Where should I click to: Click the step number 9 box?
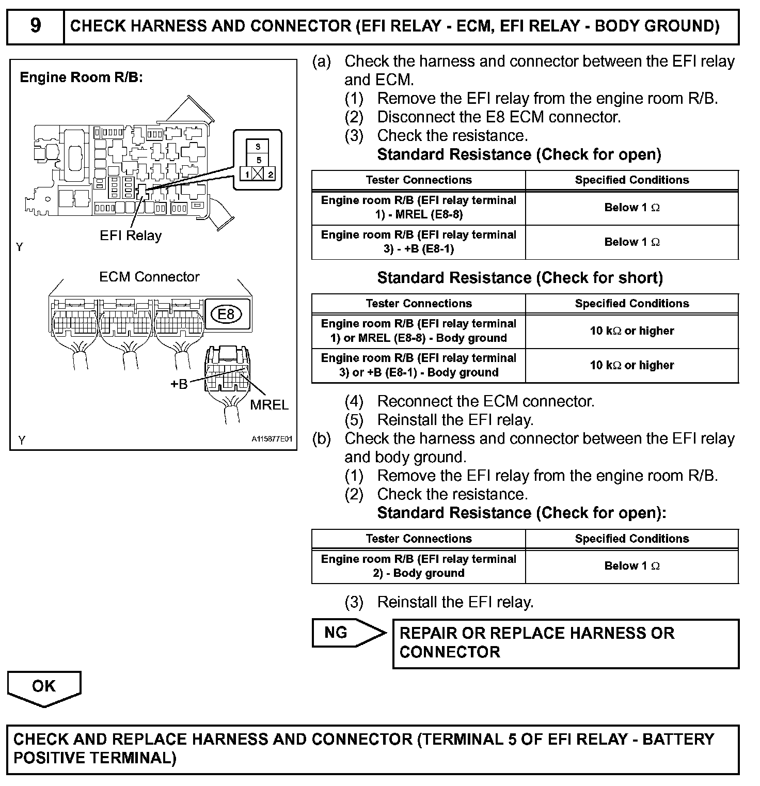pyautogui.click(x=35, y=26)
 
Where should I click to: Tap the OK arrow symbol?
pyautogui.click(x=44, y=688)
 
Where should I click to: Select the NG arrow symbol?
pyautogui.click(x=347, y=633)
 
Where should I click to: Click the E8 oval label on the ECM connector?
pyautogui.click(x=226, y=314)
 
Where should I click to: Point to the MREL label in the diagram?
pyautogui.click(x=269, y=405)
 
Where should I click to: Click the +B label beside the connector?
pyautogui.click(x=179, y=384)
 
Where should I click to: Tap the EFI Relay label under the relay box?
pyautogui.click(x=131, y=235)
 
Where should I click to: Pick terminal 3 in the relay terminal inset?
pyautogui.click(x=258, y=147)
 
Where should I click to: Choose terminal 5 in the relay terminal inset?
pyautogui.click(x=258, y=160)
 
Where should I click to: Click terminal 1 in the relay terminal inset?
pyautogui.click(x=247, y=174)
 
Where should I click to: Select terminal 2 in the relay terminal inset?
pyautogui.click(x=271, y=174)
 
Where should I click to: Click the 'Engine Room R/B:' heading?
pyautogui.click(x=81, y=77)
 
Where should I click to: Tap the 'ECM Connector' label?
pyautogui.click(x=149, y=277)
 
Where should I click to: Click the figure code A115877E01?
pyautogui.click(x=272, y=439)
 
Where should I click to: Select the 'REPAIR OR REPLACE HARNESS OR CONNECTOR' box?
pyautogui.click(x=565, y=643)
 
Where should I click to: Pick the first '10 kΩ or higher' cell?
pyautogui.click(x=631, y=331)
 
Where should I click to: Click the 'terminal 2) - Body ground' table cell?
pyautogui.click(x=418, y=566)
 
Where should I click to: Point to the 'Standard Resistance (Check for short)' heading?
pyautogui.click(x=520, y=278)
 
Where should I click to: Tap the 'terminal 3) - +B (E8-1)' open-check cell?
pyautogui.click(x=418, y=242)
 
